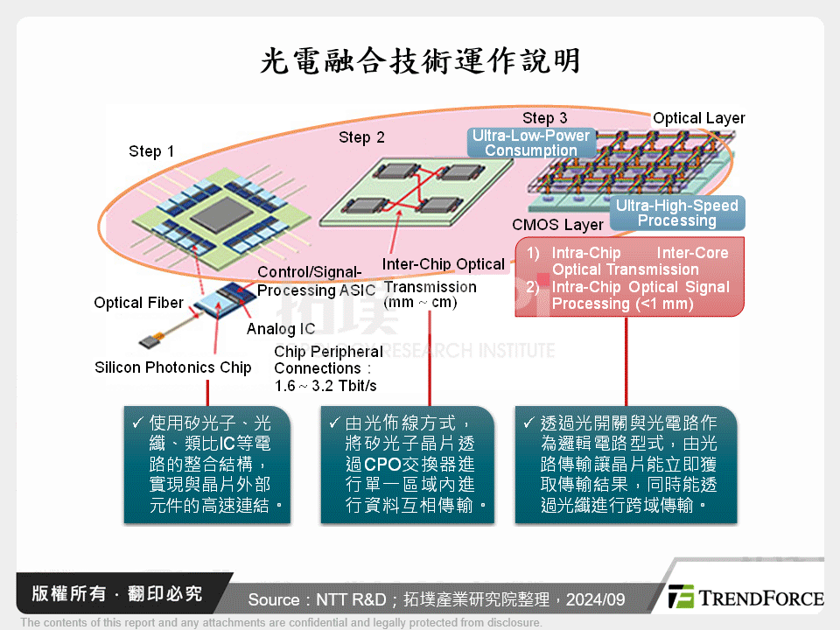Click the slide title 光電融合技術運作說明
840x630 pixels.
pyautogui.click(x=420, y=61)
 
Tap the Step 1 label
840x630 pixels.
pyautogui.click(x=151, y=151)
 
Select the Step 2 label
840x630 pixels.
pyautogui.click(x=361, y=137)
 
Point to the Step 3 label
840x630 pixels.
pyautogui.click(x=544, y=118)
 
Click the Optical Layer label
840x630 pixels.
pyautogui.click(x=699, y=118)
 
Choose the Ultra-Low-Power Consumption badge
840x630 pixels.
pyautogui.click(x=531, y=143)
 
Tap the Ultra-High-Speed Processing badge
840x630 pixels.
pyautogui.click(x=676, y=213)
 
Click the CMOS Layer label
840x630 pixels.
pyautogui.click(x=557, y=226)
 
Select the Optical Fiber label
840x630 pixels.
pyautogui.click(x=138, y=303)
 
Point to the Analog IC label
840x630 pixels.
pyautogui.click(x=281, y=329)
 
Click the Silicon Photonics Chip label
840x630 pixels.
pyautogui.click(x=172, y=367)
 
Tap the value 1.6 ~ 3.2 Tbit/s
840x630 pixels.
pyautogui.click(x=325, y=386)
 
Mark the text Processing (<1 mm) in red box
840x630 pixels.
pyautogui.click(x=622, y=304)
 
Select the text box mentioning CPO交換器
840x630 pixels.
pyautogui.click(x=407, y=464)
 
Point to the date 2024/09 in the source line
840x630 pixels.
pyautogui.click(x=595, y=599)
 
